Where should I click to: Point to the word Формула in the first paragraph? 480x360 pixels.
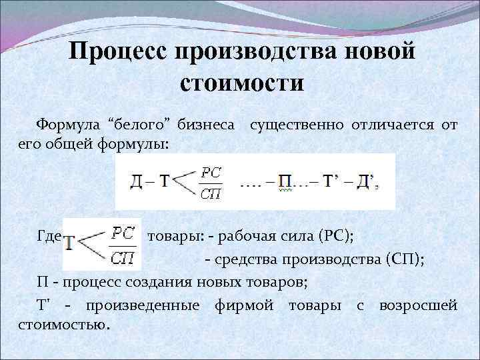tap(67, 124)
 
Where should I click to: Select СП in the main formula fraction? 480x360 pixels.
tap(211, 194)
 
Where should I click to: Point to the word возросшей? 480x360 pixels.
tap(417, 306)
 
